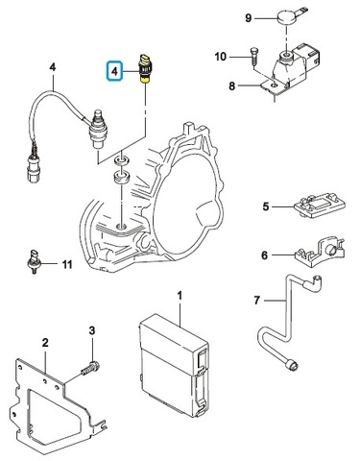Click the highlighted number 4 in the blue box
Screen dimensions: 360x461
[114, 71]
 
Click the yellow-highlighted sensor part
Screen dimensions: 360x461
[146, 69]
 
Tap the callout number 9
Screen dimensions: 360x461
[249, 18]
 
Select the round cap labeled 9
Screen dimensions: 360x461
[286, 16]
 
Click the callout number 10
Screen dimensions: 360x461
[221, 57]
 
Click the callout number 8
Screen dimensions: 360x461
[232, 85]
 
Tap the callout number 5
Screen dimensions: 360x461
[266, 206]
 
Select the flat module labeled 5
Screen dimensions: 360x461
[319, 206]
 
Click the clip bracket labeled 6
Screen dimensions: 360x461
[320, 250]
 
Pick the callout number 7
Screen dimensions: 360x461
[257, 301]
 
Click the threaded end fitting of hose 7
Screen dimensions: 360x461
[293, 364]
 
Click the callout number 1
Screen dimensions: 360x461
[180, 296]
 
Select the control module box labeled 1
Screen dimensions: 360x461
[175, 365]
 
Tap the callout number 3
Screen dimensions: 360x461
[92, 330]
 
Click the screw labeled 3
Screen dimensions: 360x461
[90, 368]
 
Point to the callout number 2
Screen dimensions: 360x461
[45, 343]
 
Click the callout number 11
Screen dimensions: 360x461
[67, 265]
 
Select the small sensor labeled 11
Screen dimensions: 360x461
[33, 261]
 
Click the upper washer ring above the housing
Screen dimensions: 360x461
[121, 160]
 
